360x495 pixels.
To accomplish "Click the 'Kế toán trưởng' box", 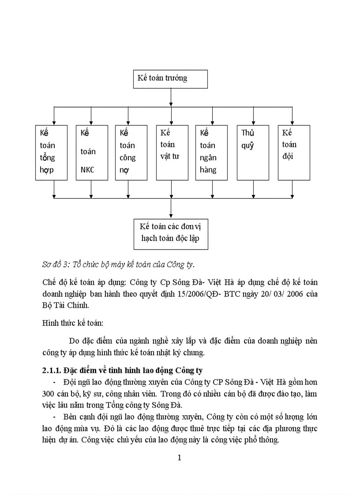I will click(170, 78).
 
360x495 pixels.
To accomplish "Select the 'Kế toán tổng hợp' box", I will click(51, 153).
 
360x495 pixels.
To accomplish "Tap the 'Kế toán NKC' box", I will click(91, 153).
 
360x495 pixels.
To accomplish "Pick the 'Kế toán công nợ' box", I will click(128, 153).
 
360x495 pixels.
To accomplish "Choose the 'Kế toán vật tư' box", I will click(170, 153).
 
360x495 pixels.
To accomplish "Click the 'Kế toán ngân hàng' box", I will click(212, 153).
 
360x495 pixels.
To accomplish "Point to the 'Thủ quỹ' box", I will click(253, 153).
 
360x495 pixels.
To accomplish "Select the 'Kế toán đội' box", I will click(294, 153).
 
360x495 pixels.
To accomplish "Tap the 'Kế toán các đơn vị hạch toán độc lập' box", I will click(170, 232).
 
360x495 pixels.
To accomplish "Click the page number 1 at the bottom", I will click(180, 458).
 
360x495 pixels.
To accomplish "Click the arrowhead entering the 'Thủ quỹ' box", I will click(253, 123).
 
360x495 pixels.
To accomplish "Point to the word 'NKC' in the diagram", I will click(87, 170).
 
